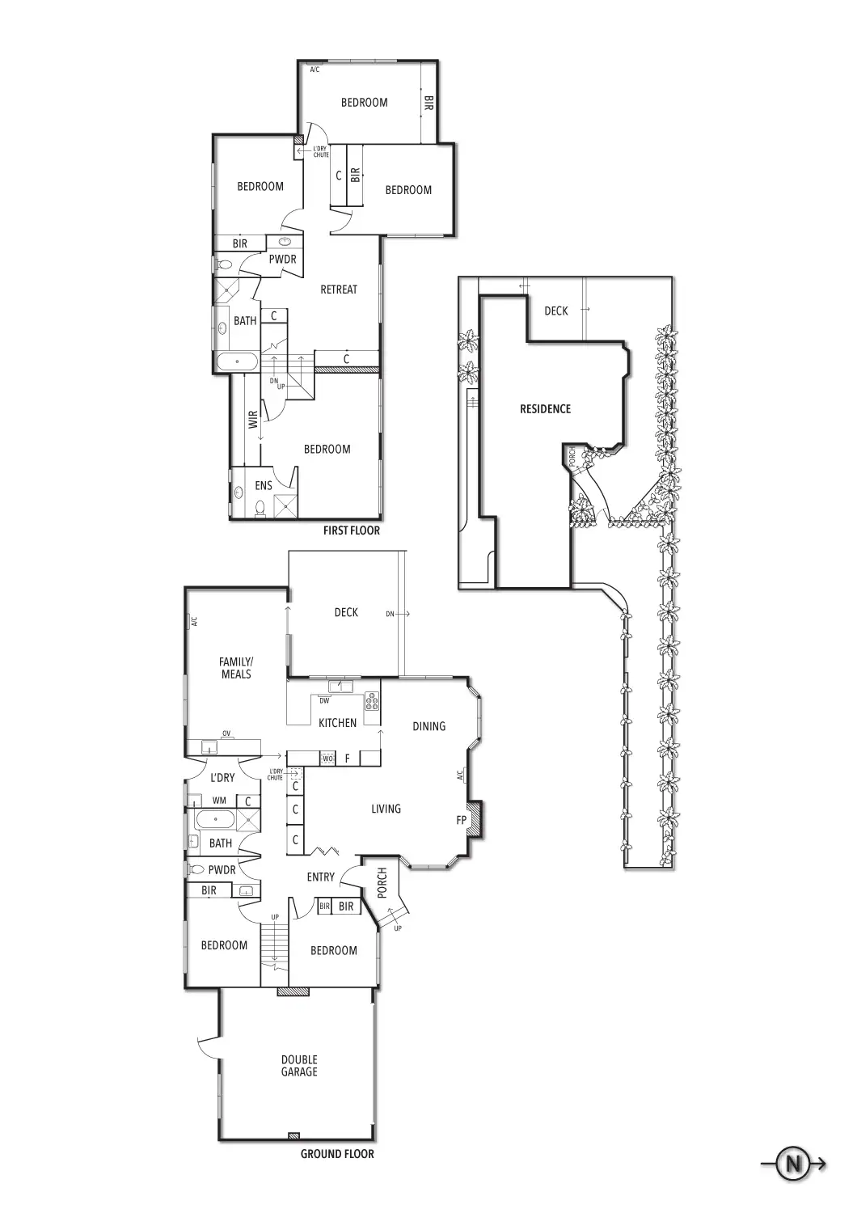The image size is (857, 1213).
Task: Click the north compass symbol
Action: pyautogui.click(x=793, y=1164)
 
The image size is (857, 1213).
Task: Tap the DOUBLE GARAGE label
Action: pyautogui.click(x=299, y=1066)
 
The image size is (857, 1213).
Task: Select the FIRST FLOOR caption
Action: pyautogui.click(x=351, y=530)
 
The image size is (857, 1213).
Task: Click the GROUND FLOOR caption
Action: pyautogui.click(x=337, y=1154)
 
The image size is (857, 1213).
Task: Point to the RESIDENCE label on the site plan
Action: pyautogui.click(x=545, y=409)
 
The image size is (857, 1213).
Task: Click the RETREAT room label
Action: pyautogui.click(x=339, y=290)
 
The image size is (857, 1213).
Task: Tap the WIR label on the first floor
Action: pyautogui.click(x=253, y=419)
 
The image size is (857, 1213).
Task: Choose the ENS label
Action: pyautogui.click(x=264, y=486)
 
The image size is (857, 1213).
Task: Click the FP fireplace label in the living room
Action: pyautogui.click(x=462, y=820)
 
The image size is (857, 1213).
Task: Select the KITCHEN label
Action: pyautogui.click(x=337, y=723)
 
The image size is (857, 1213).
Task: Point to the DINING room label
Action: pyautogui.click(x=428, y=726)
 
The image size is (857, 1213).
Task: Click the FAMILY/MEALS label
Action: pyautogui.click(x=235, y=668)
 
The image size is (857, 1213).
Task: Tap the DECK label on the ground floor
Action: pyautogui.click(x=346, y=612)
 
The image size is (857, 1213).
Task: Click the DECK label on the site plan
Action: pyautogui.click(x=556, y=311)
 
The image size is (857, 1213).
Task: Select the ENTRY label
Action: pyautogui.click(x=321, y=877)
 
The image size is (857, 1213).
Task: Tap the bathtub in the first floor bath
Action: pyautogui.click(x=236, y=361)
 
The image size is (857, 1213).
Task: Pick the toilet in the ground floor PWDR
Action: pyautogui.click(x=196, y=870)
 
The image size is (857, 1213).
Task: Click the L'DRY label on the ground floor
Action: pyautogui.click(x=222, y=778)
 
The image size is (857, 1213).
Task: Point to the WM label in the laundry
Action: pyautogui.click(x=219, y=801)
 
